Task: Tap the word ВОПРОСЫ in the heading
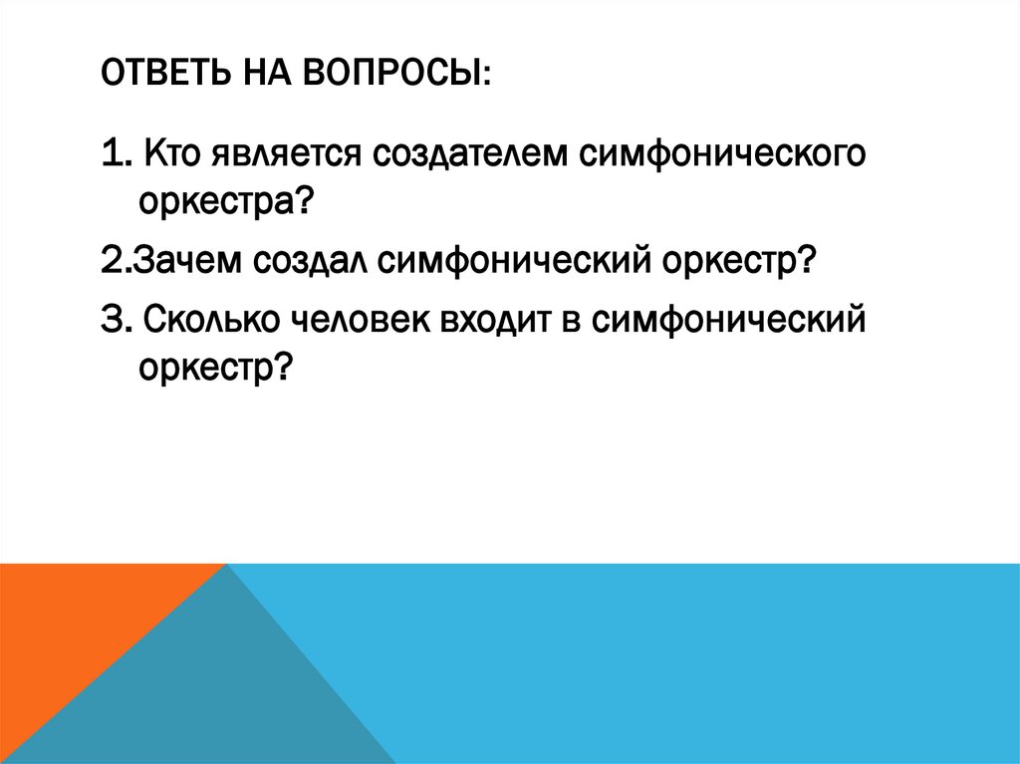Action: [392, 76]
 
